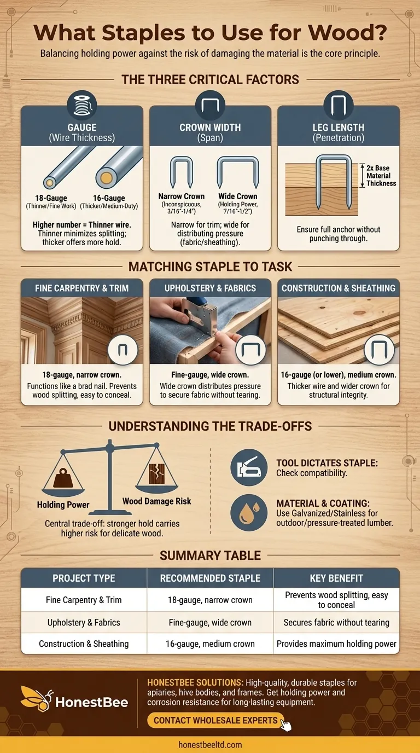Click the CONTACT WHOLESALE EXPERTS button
pyautogui.click(x=215, y=720)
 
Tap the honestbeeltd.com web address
pyautogui.click(x=210, y=745)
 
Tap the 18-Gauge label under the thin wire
pyautogui.click(x=51, y=198)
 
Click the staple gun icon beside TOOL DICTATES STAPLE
pyautogui.click(x=249, y=467)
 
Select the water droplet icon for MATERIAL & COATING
pyautogui.click(x=249, y=512)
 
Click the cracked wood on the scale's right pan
pyautogui.click(x=156, y=473)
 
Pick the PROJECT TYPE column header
pyautogui.click(x=84, y=578)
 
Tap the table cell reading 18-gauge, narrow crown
pyautogui.click(x=210, y=600)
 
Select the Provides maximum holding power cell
pyautogui.click(x=336, y=644)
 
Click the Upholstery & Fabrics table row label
pyautogui.click(x=84, y=622)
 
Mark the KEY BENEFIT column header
pyautogui.click(x=336, y=578)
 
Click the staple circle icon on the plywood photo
pyautogui.click(x=379, y=350)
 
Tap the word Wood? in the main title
pyautogui.click(x=347, y=33)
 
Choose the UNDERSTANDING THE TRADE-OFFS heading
pyautogui.click(x=210, y=426)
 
